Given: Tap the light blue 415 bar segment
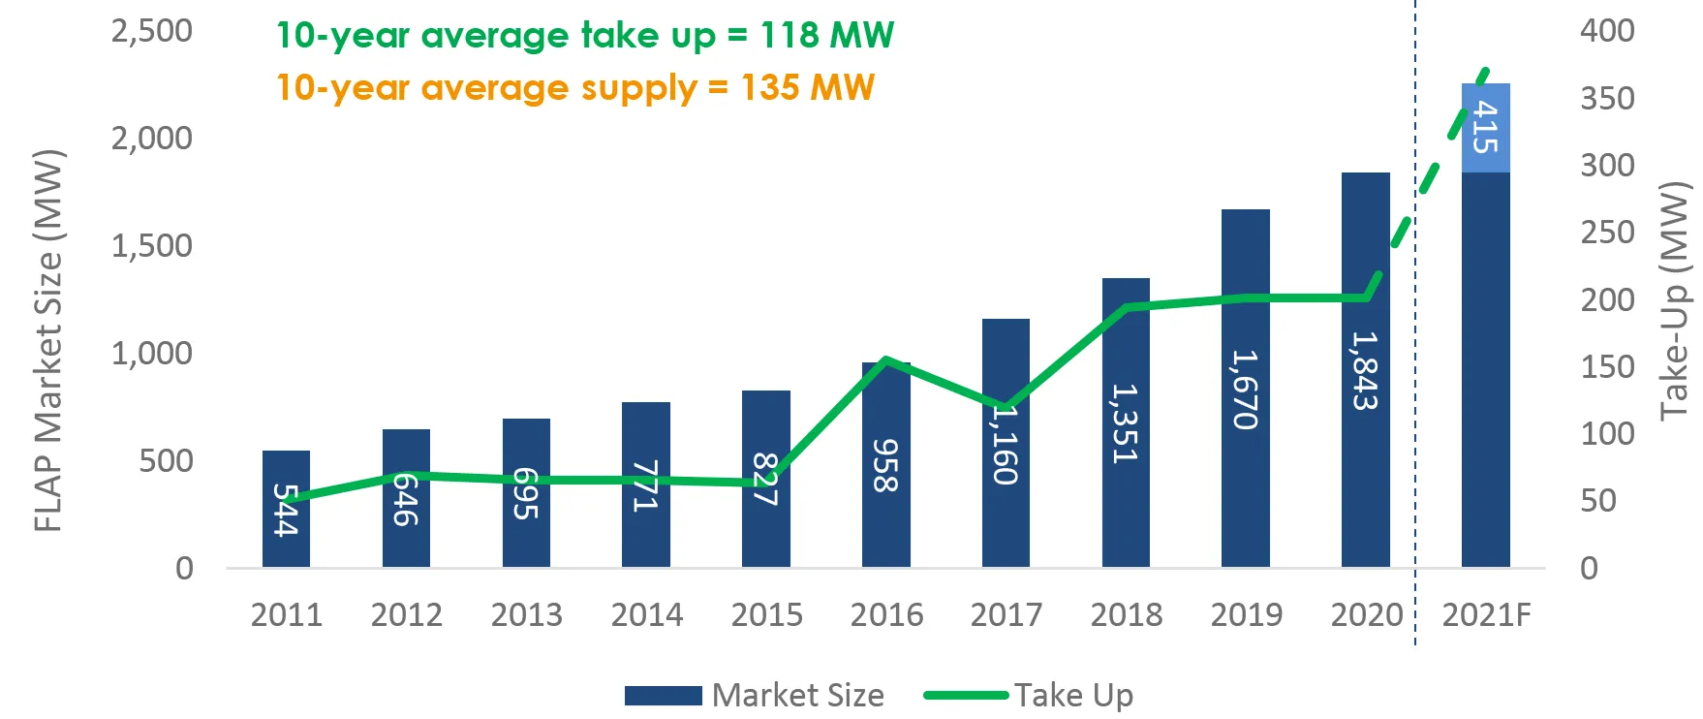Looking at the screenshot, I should [1485, 128].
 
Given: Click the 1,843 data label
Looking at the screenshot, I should [1365, 371].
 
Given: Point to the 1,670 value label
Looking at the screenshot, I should [1245, 390].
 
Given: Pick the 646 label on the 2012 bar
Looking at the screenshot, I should [405, 500].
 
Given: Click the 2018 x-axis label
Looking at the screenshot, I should [1126, 614].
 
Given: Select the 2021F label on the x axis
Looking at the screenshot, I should [1486, 614].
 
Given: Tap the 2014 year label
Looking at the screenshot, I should [646, 614].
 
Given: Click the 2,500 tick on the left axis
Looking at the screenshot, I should [152, 31].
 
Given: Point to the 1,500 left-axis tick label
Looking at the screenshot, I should [152, 246].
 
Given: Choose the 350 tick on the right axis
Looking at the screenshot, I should [1607, 99].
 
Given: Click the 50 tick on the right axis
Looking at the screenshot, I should [1598, 501].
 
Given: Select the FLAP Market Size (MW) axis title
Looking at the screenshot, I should [47, 341].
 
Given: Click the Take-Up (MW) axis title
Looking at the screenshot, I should [1675, 300].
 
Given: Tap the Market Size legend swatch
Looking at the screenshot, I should [663, 696].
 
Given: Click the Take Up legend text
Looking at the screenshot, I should [1073, 696].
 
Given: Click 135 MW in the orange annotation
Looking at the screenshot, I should [807, 88].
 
